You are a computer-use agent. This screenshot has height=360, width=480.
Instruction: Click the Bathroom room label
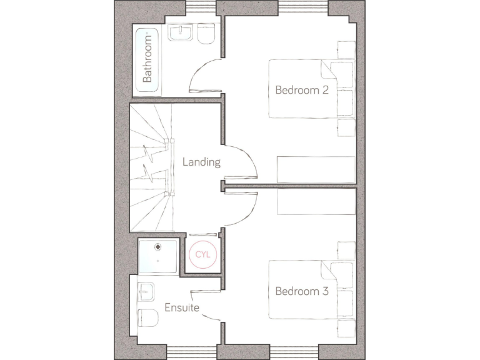pos(147,59)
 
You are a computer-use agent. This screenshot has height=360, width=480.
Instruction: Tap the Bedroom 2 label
pos(302,90)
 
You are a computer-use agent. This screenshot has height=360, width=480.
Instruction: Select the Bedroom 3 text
pos(302,291)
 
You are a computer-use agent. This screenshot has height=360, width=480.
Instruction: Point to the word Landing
pos(201,162)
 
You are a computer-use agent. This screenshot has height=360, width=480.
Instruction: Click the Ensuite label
pos(182,307)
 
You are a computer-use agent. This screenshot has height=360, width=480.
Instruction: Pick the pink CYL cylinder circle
pos(202,255)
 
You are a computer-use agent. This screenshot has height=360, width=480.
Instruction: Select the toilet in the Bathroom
pos(206,34)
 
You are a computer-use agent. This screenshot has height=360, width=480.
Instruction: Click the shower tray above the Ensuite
pos(158,256)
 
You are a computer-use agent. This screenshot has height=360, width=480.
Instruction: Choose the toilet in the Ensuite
pos(147,317)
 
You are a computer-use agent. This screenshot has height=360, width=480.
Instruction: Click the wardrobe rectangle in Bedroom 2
pos(316,169)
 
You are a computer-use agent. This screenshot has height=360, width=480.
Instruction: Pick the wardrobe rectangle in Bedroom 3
pos(316,202)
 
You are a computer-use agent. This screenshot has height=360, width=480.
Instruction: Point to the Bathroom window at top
pos(201,7)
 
